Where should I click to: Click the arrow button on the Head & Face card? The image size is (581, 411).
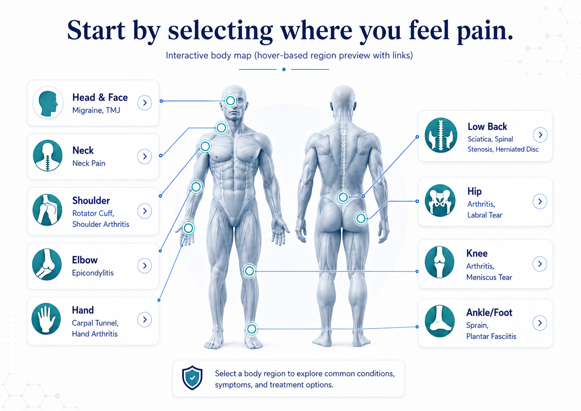point(144,103)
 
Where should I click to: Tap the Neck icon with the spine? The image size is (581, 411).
point(48,156)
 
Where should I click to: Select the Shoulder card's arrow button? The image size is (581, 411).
point(144,211)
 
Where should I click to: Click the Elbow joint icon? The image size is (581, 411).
point(47,264)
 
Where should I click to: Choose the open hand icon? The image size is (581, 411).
point(46,319)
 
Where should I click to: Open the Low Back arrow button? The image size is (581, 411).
point(540,135)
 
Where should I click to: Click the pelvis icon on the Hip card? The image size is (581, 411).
point(440,200)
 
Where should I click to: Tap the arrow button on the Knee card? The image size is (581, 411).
point(540,264)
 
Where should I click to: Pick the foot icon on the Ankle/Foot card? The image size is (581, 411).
point(440,321)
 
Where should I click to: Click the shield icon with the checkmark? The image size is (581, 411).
point(192,378)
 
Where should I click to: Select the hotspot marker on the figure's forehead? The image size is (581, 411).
point(230,101)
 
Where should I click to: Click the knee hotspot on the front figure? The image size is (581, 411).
point(250,271)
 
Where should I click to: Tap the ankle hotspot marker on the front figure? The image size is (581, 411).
point(251,329)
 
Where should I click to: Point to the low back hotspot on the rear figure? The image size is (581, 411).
point(343,197)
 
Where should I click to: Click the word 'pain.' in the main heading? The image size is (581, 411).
point(485,31)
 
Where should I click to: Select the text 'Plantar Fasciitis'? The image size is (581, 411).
point(491,337)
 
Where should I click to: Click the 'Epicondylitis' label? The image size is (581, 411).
point(93,273)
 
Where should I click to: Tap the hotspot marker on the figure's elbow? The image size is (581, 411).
point(196,186)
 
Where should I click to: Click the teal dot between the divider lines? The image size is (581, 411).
point(284,69)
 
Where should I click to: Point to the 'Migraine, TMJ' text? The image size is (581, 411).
point(96,110)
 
